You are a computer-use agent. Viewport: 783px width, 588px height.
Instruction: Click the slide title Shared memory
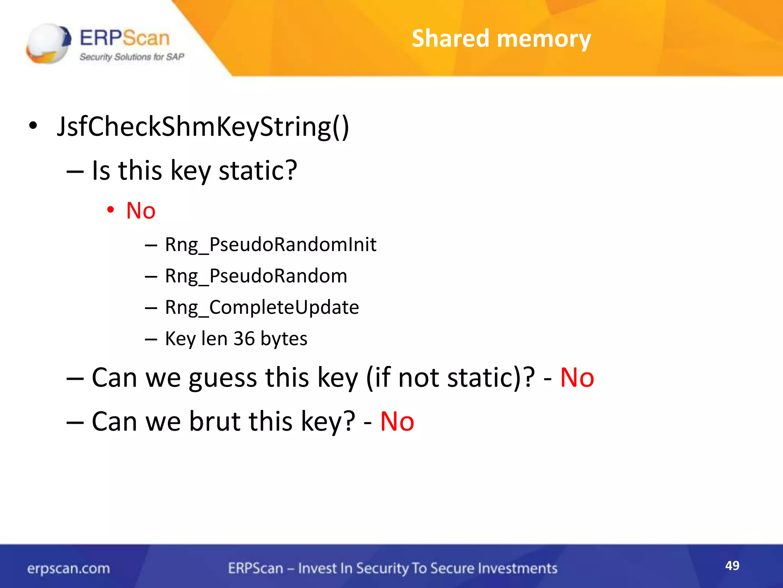point(501,39)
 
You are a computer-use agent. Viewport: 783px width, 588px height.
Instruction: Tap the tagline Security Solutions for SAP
point(132,57)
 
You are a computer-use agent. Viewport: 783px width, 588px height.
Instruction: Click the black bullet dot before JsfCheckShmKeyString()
point(33,126)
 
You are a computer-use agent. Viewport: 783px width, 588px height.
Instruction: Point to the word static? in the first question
point(258,170)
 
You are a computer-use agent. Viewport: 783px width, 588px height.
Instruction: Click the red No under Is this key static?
point(141,211)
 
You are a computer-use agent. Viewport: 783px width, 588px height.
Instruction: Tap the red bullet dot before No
point(110,209)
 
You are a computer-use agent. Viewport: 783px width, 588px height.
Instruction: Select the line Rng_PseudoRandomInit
point(270,245)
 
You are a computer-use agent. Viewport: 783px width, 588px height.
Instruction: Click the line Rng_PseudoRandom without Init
point(256,276)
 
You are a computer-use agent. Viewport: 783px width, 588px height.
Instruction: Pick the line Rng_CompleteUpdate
point(262,307)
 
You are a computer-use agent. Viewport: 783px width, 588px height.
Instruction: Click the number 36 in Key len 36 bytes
point(244,338)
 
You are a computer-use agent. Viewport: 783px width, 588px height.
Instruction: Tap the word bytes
point(284,339)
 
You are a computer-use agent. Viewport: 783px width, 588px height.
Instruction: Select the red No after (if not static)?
point(577,378)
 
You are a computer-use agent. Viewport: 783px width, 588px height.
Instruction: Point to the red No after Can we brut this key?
point(397,421)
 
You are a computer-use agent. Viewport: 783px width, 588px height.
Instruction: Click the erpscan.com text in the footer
point(68,568)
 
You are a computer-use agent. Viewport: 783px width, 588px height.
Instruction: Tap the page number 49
point(732,565)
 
